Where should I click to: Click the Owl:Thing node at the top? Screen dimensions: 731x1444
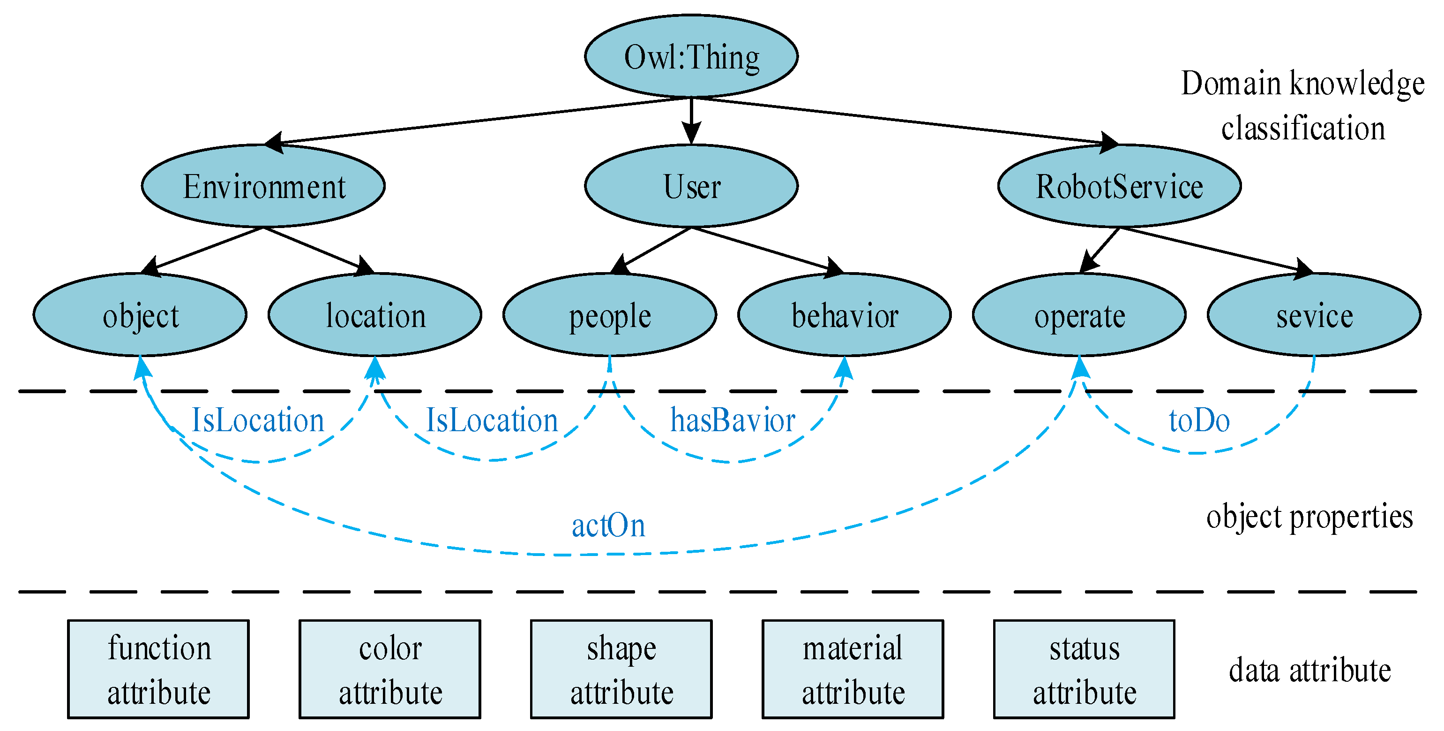coord(691,57)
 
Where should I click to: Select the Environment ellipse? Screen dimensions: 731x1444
coord(263,186)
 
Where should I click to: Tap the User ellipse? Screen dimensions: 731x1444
coord(691,186)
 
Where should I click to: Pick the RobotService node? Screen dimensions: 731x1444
coord(1119,186)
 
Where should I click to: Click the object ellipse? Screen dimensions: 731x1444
coord(140,315)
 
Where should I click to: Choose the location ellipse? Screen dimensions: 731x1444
coord(375,315)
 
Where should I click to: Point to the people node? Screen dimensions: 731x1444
coord(610,315)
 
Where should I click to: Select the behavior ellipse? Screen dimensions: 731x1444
coord(844,315)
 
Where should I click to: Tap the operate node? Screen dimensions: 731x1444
coord(1079,315)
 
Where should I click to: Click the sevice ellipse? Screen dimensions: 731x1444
coord(1314,315)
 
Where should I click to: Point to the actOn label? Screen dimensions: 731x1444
coord(608,525)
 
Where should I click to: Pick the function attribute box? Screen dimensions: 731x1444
coord(158,669)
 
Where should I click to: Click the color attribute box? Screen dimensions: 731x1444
coord(390,669)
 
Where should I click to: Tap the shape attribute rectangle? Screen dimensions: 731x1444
coord(621,669)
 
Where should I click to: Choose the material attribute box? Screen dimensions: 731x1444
coord(853,669)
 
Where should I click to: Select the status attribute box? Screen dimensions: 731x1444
coord(1084,669)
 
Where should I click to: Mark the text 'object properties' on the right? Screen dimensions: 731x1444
coord(1309,517)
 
